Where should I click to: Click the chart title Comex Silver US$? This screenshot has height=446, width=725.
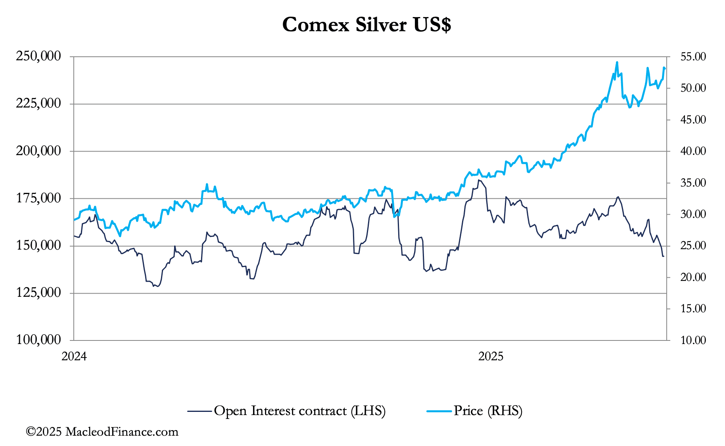366,25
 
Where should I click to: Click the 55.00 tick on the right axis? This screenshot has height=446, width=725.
693,57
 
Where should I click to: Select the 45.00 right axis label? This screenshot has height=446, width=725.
693,119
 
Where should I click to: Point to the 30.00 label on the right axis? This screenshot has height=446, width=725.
693,214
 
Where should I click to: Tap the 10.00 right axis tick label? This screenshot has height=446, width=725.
693,340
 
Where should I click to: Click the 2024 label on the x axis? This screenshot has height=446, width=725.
74,356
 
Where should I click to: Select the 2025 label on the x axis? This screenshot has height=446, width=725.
491,356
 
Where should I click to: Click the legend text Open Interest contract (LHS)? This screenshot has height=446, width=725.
299,411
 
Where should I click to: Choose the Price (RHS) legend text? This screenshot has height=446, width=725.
488,411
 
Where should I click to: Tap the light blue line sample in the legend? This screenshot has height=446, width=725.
439,411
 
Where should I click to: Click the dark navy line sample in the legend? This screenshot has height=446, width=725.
199,411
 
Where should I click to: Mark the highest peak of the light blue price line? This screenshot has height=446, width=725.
617,62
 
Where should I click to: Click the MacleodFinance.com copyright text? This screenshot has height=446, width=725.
102,432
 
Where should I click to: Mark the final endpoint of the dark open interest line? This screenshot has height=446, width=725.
664,256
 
